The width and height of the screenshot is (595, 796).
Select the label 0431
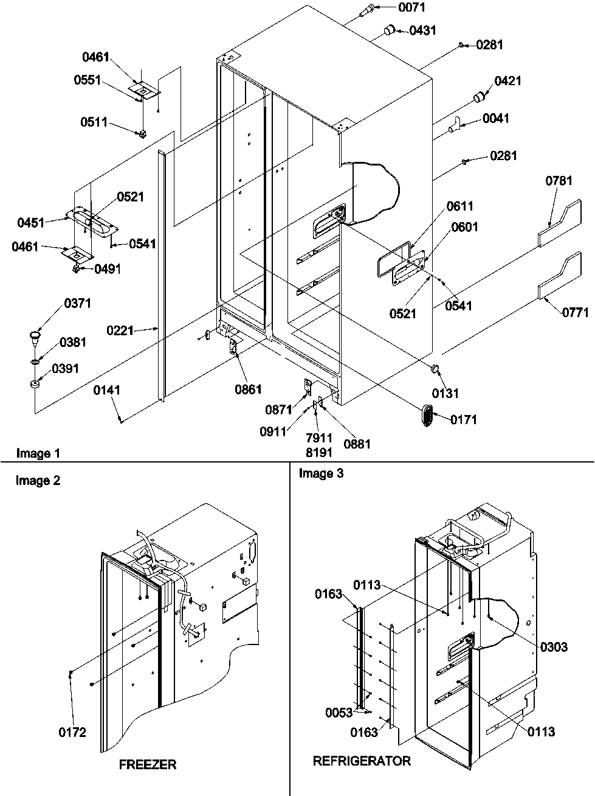422,30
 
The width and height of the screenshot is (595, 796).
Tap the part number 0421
507,81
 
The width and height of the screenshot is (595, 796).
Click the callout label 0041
496,119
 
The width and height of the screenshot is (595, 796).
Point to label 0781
559,180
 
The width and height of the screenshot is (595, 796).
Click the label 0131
445,394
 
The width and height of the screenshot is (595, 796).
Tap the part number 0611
459,206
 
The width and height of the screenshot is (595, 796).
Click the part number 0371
76,303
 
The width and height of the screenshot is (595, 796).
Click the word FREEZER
147,764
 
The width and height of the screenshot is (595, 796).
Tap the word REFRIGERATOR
362,761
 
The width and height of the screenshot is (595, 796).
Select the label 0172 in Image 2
72,733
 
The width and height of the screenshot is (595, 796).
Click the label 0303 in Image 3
554,647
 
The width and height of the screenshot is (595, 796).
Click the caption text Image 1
38,453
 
